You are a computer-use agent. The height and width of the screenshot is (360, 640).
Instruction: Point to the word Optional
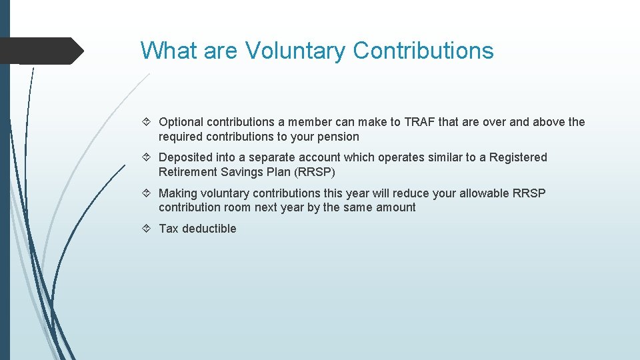point(181,122)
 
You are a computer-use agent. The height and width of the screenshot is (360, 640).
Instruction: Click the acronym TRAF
point(420,122)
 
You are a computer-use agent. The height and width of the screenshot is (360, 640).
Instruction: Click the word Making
point(177,193)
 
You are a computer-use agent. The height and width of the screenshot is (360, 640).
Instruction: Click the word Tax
point(169,229)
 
